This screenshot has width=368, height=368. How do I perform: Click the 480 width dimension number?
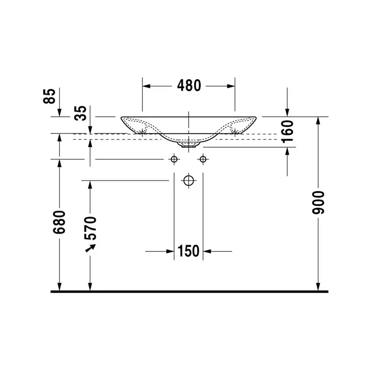coord(189,86)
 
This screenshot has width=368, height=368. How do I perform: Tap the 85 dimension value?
coord(49,96)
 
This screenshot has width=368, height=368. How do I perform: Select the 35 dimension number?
coord(80,113)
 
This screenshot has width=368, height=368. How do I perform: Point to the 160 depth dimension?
coord(287,132)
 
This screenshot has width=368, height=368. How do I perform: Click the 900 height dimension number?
coord(318,202)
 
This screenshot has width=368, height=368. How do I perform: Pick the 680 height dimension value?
coord(59,222)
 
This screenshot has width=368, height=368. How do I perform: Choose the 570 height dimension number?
coord(90,228)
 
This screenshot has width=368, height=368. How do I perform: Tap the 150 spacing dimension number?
coord(189,251)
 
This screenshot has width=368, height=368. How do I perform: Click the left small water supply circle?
coord(174,159)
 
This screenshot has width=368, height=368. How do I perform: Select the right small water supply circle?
coord(203,159)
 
